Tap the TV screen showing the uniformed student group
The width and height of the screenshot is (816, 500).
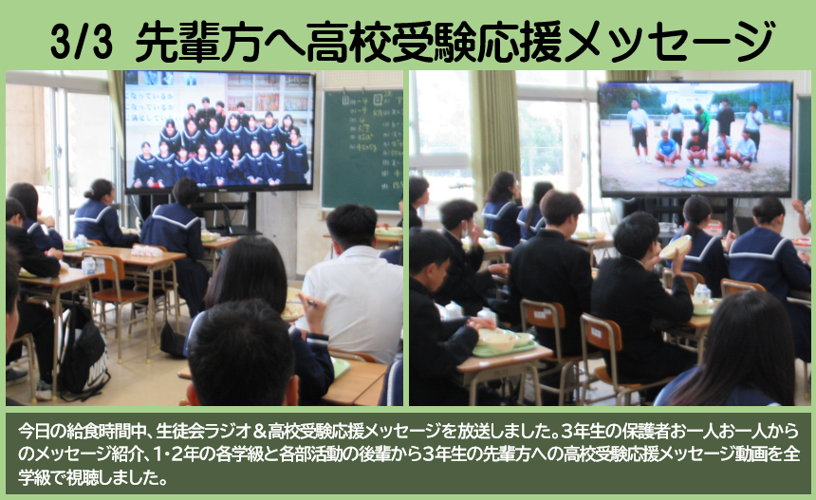click(218, 130)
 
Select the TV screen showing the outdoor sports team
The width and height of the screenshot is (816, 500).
click(695, 137)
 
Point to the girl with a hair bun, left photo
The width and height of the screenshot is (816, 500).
click(99, 213)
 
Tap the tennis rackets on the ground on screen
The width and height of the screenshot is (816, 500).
click(690, 177)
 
